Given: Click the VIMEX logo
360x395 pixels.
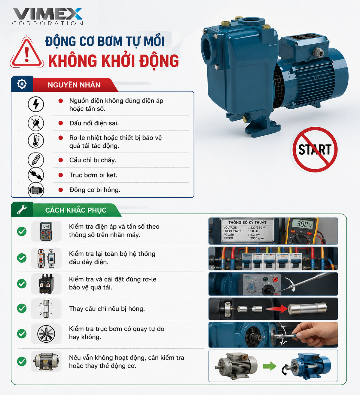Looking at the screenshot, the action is [x=47, y=17].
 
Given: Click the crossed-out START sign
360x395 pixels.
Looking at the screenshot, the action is [x=315, y=150].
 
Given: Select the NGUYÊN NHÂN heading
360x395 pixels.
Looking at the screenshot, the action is [x=74, y=85].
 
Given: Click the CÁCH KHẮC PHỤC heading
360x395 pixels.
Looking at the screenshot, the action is [x=76, y=210].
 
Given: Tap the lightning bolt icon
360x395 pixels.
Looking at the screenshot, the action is [x=36, y=104].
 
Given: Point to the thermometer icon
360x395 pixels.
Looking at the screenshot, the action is [x=36, y=140].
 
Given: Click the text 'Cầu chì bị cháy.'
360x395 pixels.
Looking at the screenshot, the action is [x=93, y=160].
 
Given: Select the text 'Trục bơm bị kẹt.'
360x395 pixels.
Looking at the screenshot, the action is [x=93, y=175].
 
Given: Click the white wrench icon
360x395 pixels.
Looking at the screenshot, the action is [x=22, y=209].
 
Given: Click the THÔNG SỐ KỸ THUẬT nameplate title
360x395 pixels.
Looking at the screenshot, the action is [x=247, y=223].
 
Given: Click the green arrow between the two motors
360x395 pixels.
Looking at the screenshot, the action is [x=270, y=366].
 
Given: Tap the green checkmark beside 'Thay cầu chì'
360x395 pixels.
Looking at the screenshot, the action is [x=22, y=308].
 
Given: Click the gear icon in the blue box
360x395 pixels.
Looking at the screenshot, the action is [x=22, y=84].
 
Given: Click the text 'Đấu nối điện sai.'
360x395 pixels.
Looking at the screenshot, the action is [x=94, y=123].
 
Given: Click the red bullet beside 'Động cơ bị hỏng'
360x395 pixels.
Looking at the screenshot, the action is [x=61, y=190].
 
